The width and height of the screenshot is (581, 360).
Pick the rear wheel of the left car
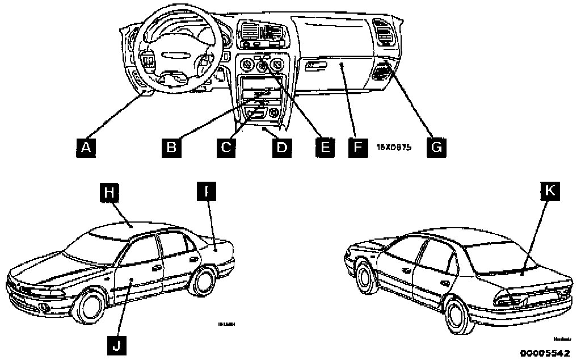point(203,280)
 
